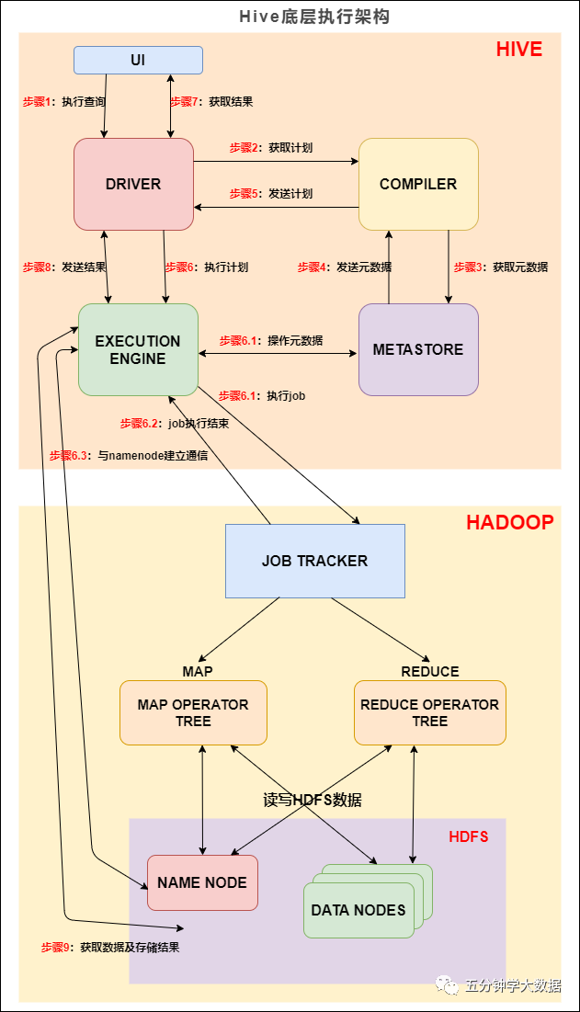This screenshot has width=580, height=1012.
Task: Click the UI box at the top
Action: coord(138,61)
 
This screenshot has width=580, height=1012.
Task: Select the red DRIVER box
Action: coord(133,184)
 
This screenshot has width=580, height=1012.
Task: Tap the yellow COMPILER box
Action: coord(418,184)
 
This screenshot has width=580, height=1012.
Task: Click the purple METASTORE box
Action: coord(418,349)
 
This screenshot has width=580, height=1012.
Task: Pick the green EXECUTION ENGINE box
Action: coord(138,349)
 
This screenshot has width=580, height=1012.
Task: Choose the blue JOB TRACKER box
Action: coord(314,561)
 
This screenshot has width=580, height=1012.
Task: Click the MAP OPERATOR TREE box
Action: coord(193,712)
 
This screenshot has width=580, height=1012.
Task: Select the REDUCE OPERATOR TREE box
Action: coord(429,712)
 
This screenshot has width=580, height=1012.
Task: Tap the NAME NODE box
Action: coord(202,882)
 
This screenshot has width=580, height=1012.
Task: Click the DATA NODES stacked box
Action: coord(358,909)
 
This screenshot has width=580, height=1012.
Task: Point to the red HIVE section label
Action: coord(519,50)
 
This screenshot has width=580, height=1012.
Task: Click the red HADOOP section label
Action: coord(509,522)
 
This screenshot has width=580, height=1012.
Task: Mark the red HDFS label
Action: coord(468,836)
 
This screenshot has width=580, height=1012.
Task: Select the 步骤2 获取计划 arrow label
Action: coord(271,147)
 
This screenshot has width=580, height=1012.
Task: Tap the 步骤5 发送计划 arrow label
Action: coord(271,194)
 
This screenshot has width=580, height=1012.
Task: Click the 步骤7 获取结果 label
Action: coord(211,102)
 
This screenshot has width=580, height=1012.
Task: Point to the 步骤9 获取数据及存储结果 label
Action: coord(110,947)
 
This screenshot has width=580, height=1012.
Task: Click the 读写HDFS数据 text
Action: coord(313,800)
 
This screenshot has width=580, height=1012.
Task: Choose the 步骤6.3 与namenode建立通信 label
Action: coord(128,455)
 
